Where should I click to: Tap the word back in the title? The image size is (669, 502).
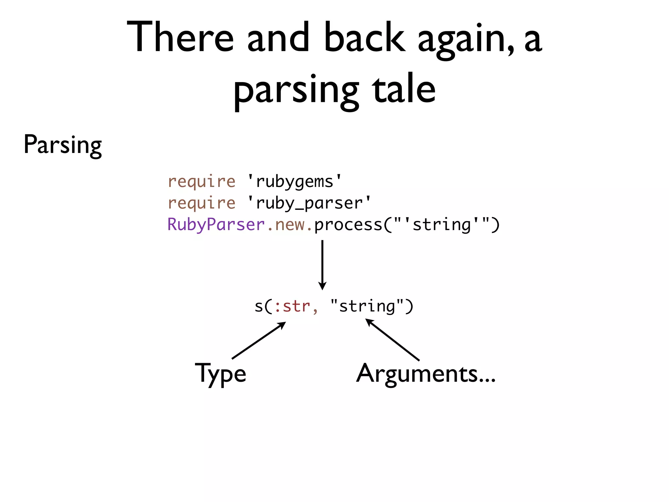[x=365, y=37]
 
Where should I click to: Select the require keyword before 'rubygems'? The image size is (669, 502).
[x=201, y=182]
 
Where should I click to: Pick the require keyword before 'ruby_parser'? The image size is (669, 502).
[x=201, y=203]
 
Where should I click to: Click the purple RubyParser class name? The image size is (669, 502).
[x=216, y=225]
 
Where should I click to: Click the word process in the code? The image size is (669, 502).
[x=348, y=225]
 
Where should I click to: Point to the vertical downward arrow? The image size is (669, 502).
[x=322, y=265]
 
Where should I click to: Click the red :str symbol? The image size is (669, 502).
[x=292, y=307]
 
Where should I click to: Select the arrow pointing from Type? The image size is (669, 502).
[x=259, y=340]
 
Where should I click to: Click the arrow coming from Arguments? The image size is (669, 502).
[x=392, y=340]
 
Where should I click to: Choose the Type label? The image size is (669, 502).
[x=220, y=374]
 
